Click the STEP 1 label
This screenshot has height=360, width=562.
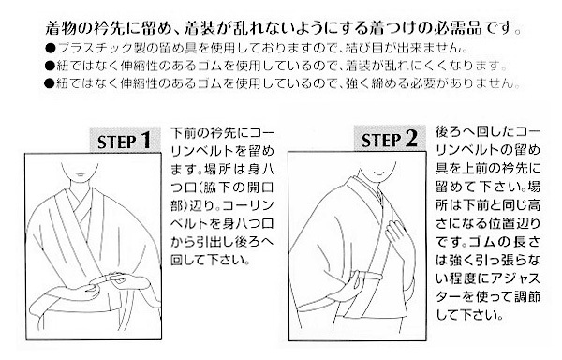tap(124, 141)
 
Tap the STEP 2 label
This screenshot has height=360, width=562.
tap(390, 139)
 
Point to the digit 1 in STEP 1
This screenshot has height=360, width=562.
tap(145, 141)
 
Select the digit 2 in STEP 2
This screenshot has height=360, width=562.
tap(412, 139)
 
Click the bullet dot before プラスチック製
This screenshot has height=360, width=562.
tap(51, 48)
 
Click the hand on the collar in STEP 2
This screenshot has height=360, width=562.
tap(395, 236)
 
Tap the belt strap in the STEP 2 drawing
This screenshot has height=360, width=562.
tap(371, 277)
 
